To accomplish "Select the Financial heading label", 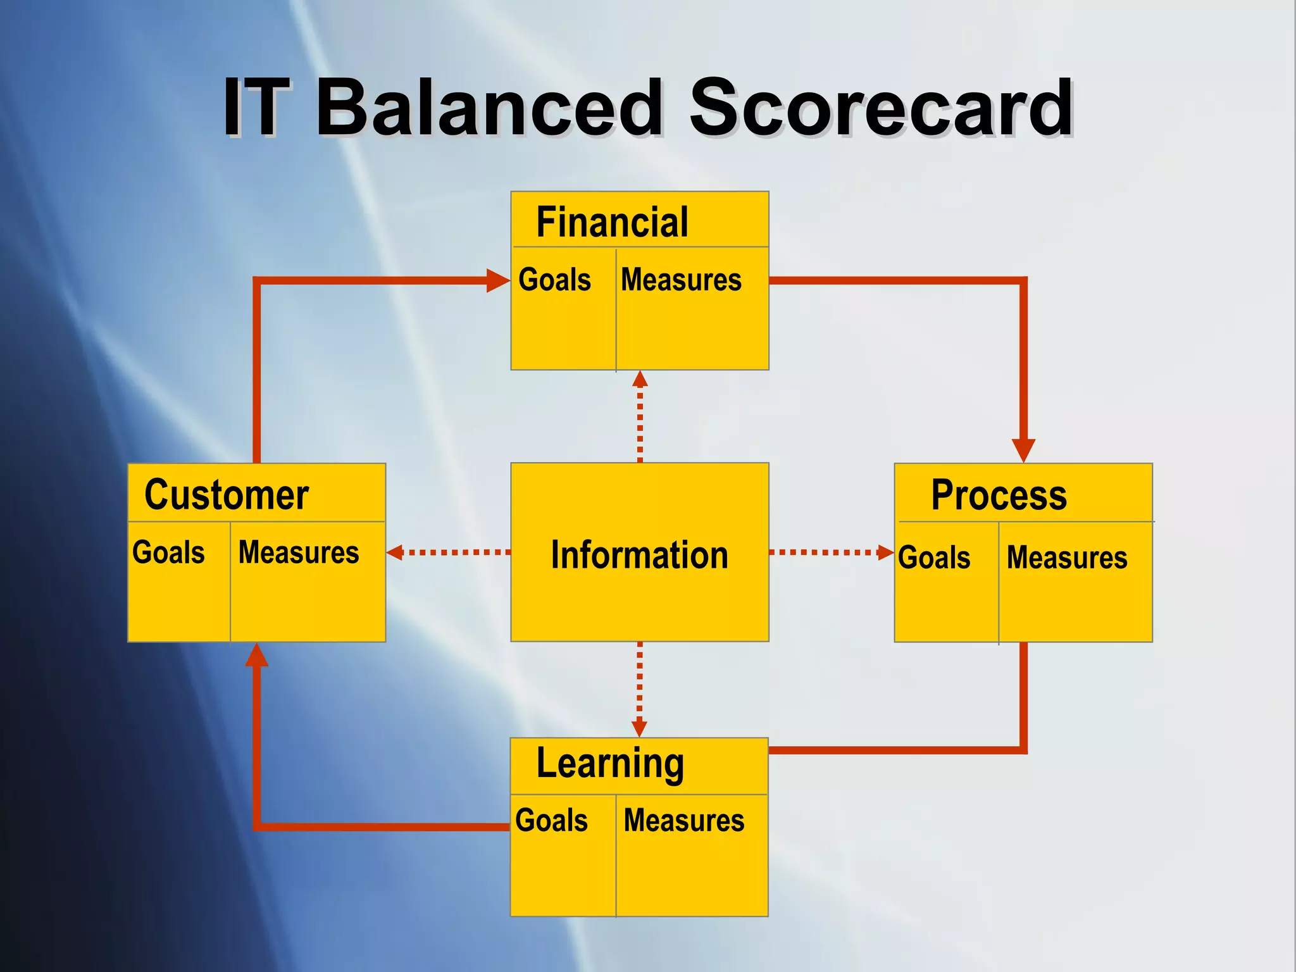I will pos(612,222).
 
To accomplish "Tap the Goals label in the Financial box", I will pos(554,280).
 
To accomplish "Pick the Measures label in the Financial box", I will pos(681,280).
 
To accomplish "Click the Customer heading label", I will pos(227,495).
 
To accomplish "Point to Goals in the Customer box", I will pos(168,552).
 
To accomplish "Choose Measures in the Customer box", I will pos(299,552).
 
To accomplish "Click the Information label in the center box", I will pos(639,555).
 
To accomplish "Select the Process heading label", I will pos(999,495).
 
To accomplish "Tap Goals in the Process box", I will pos(934,558).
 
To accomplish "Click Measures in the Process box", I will pos(1067,558).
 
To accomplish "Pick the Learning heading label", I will pos(610,764).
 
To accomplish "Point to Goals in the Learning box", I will pos(551,821).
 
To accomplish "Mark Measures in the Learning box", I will pos(684,821).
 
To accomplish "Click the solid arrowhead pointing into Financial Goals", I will pos(497,280).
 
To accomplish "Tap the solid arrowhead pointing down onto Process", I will pos(1023,450).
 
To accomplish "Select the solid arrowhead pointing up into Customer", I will pos(256,656).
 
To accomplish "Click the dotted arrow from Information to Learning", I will pos(639,690).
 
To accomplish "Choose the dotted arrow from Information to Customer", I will pos(449,552).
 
